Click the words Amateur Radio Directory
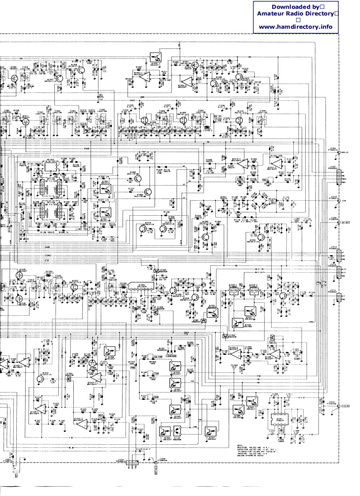(x=296, y=14)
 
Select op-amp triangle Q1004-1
(x=187, y=80)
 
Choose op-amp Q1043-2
(x=82, y=422)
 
